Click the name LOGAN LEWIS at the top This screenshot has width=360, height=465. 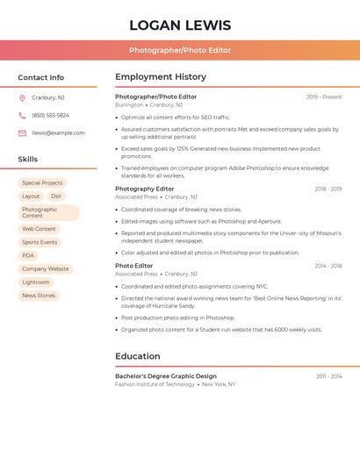[x=180, y=25]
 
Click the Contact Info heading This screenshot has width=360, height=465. [x=40, y=77]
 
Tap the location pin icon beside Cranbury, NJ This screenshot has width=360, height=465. [x=22, y=97]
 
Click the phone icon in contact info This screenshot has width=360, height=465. [x=22, y=115]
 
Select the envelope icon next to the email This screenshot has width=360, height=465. [x=22, y=133]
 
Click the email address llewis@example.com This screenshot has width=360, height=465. [x=58, y=133]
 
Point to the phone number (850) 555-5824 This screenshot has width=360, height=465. [x=50, y=115]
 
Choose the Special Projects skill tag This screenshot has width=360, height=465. [x=42, y=183]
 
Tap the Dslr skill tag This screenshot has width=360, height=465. [x=56, y=197]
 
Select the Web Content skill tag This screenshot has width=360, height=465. [x=39, y=229]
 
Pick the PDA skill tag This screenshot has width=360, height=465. [x=28, y=255]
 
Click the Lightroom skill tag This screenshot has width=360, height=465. [x=36, y=283]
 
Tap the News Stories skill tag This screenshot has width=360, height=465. [x=39, y=296]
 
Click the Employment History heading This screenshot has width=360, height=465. [x=161, y=77]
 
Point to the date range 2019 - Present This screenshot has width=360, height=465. [x=324, y=97]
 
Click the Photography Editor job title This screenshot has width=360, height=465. [x=145, y=189]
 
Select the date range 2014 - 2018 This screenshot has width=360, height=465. [x=328, y=266]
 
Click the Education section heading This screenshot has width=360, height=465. [x=138, y=356]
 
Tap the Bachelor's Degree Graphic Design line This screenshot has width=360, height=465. [x=166, y=376]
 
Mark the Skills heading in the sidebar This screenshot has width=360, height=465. [x=28, y=160]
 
